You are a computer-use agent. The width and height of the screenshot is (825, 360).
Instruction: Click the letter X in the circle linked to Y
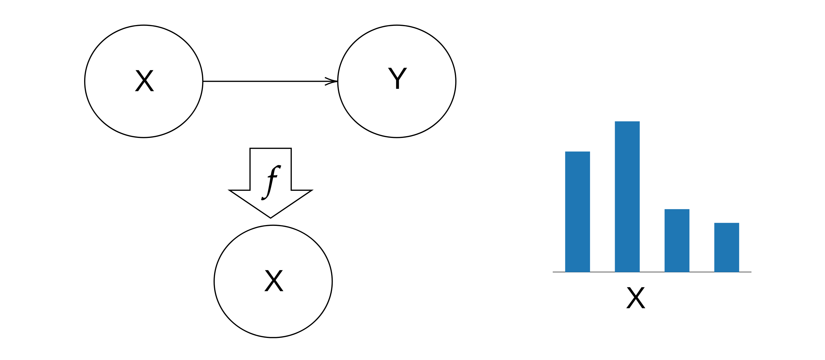(144, 81)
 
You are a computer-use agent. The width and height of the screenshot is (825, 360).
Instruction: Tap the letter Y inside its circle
(397, 78)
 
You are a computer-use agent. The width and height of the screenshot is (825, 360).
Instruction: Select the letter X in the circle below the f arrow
(274, 281)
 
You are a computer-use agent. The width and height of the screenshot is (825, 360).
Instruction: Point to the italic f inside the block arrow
(271, 182)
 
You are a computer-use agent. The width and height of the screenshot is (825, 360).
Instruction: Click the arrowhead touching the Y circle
(333, 81)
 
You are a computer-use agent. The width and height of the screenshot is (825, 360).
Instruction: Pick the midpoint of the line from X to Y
(270, 81)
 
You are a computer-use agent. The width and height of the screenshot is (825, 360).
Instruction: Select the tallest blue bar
(627, 197)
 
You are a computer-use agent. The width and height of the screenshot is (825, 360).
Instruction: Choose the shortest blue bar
(727, 247)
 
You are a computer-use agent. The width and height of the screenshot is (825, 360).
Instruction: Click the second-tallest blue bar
(577, 212)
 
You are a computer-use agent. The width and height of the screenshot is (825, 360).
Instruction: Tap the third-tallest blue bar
(677, 241)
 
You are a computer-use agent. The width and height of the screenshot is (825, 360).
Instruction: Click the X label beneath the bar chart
(636, 298)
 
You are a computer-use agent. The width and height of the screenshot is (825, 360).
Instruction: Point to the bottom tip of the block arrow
(271, 218)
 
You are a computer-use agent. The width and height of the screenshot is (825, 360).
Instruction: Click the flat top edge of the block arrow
(271, 148)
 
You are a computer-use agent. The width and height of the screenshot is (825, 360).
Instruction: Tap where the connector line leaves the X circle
(203, 81)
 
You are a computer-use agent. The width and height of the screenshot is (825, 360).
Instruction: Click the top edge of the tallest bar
(627, 122)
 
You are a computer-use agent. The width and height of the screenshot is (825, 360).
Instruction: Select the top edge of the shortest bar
(727, 223)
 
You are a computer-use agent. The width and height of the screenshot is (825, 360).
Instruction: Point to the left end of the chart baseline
(554, 272)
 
